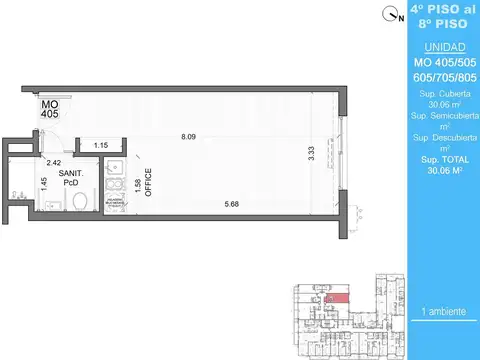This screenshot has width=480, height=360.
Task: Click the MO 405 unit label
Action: [x=50, y=108]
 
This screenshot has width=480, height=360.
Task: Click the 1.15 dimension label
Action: [x=100, y=147]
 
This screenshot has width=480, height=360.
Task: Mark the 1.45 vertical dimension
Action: [x=44, y=183]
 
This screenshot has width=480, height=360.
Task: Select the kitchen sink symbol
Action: [x=114, y=166]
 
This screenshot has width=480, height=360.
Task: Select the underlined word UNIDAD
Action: [x=443, y=48]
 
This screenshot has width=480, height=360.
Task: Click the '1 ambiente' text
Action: [x=444, y=312]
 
